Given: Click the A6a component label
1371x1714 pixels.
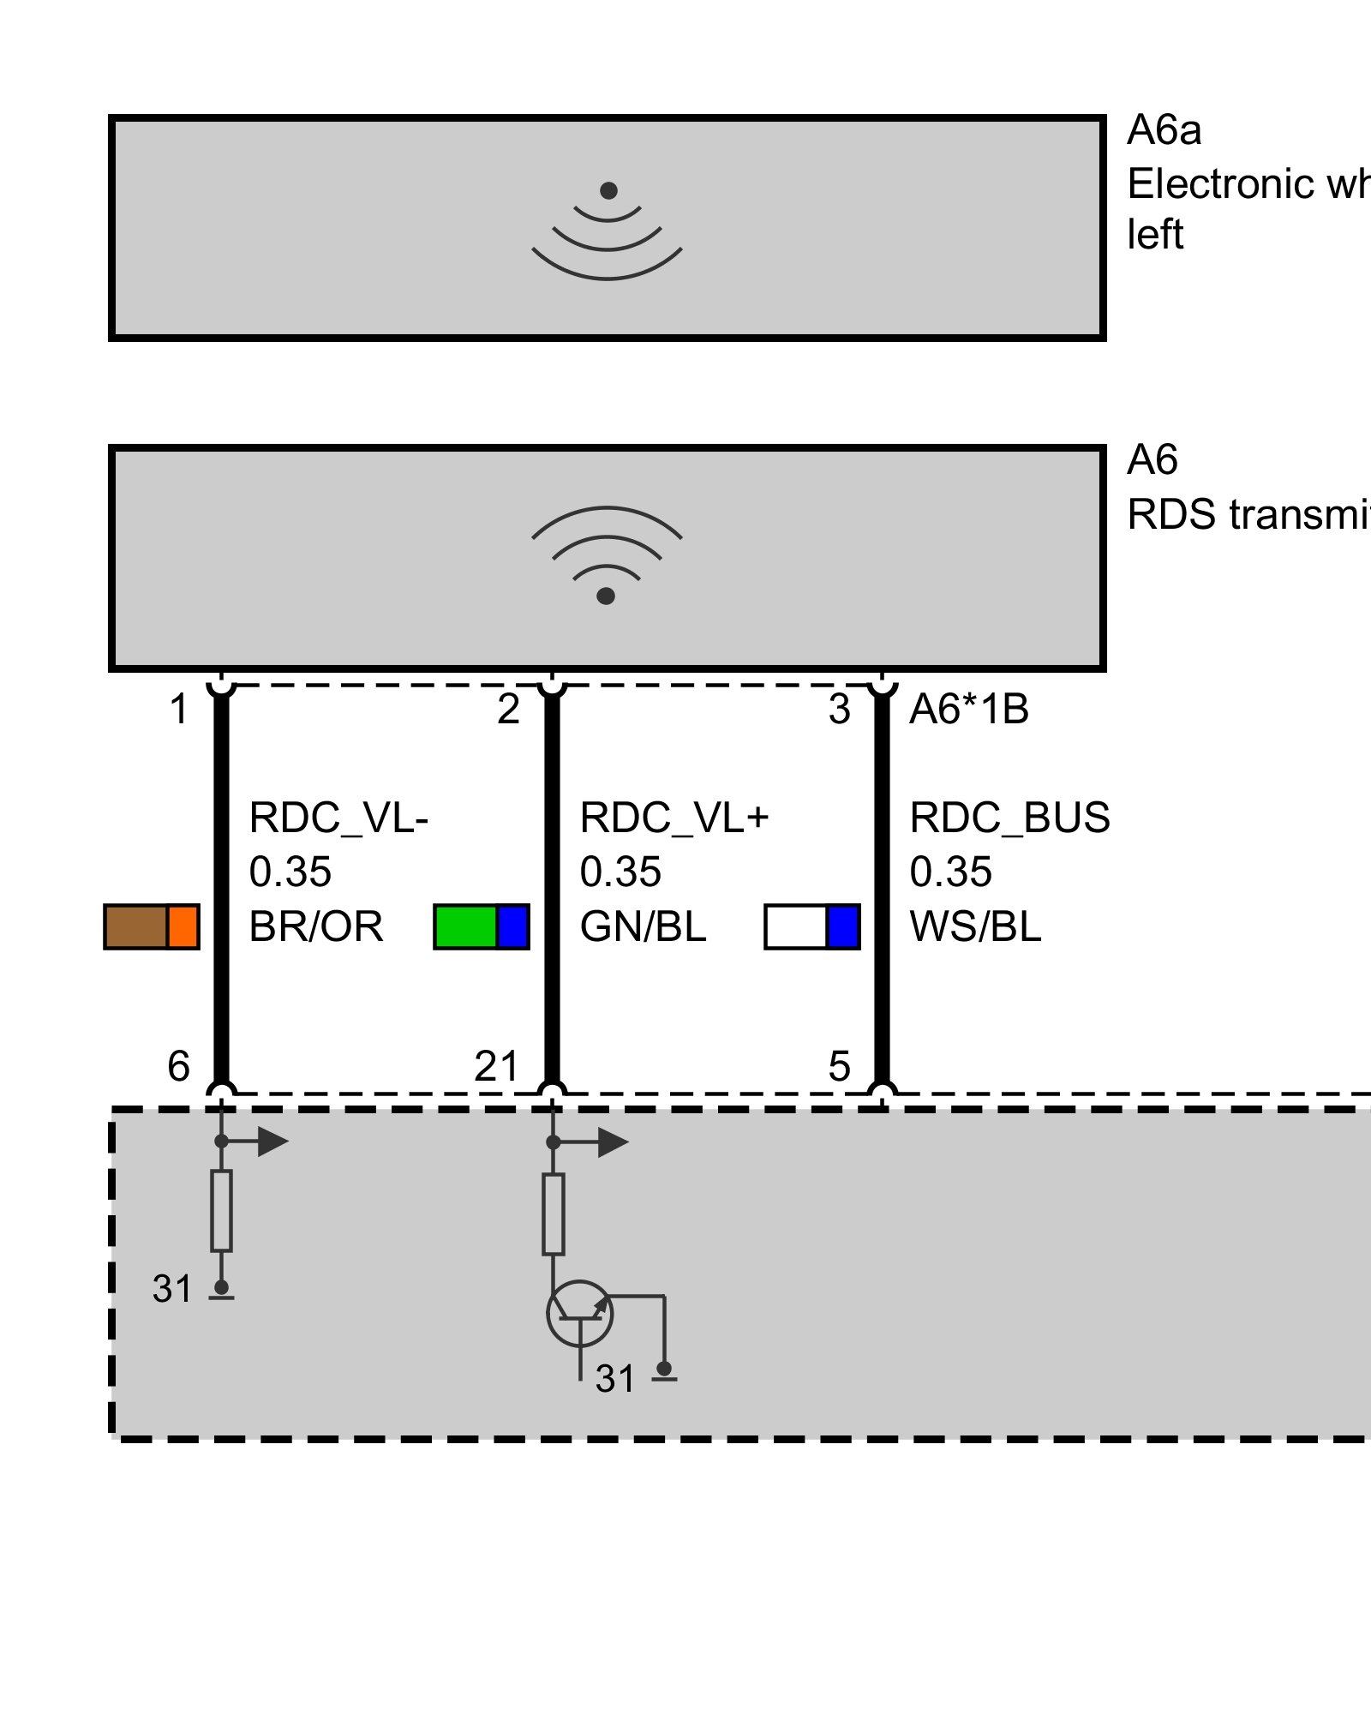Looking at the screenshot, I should click(1163, 130).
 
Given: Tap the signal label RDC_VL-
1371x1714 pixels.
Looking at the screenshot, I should click(338, 818).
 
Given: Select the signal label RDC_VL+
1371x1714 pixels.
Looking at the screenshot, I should click(674, 818).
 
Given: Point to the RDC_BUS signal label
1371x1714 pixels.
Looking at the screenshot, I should click(1009, 818).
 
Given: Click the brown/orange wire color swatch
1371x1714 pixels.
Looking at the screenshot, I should click(152, 926).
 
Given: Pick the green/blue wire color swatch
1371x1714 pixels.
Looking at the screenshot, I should click(482, 926).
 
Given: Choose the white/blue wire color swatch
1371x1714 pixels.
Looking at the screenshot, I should click(811, 926).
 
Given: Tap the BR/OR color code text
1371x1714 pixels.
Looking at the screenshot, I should click(315, 926).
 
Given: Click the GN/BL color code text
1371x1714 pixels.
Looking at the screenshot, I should click(643, 926).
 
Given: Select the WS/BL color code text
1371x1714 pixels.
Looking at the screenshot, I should click(975, 926).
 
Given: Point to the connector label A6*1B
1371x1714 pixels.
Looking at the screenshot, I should click(968, 710).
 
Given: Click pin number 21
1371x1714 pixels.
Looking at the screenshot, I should click(497, 1067).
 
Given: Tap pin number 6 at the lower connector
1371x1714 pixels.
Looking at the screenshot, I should click(178, 1067).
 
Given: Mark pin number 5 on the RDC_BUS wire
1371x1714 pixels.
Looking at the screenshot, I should click(840, 1067).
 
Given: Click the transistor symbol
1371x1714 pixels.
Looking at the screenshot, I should click(580, 1313).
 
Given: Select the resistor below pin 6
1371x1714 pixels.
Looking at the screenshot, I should click(221, 1210).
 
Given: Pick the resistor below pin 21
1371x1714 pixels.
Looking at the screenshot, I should click(553, 1214).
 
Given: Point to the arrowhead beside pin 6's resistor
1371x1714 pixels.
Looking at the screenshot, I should click(272, 1142).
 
